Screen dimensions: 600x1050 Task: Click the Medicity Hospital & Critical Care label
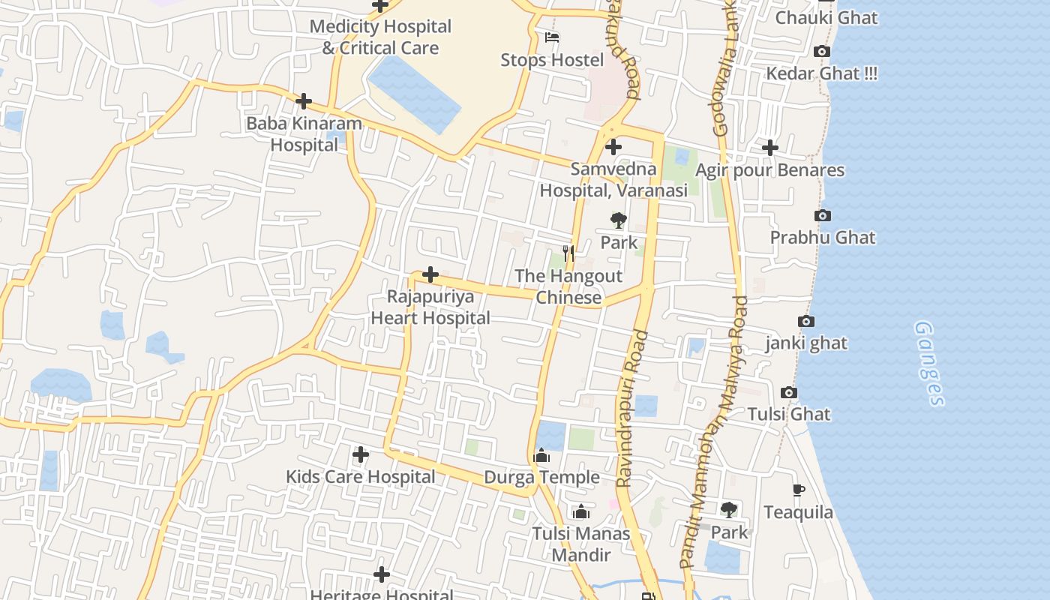(x=380, y=37)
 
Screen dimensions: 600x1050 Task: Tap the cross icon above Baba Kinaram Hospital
(x=304, y=101)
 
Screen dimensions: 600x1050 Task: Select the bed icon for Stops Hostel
(x=552, y=37)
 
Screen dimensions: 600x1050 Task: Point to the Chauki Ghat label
(x=826, y=17)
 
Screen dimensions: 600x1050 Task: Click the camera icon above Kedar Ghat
(x=822, y=52)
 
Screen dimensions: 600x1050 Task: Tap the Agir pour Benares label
(x=769, y=170)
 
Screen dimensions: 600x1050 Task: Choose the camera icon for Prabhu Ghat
(x=822, y=216)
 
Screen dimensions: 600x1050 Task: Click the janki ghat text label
(x=806, y=343)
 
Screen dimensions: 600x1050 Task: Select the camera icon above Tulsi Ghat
(x=788, y=393)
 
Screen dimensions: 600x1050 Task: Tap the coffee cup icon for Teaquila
(x=799, y=490)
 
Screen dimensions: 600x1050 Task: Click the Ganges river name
(x=929, y=364)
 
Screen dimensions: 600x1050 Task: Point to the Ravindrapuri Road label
(x=631, y=409)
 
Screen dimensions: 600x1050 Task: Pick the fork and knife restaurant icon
(x=568, y=253)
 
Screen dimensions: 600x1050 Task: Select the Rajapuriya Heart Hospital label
(x=430, y=307)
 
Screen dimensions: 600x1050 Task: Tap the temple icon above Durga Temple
(x=541, y=455)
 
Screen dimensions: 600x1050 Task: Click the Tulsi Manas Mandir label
(x=581, y=544)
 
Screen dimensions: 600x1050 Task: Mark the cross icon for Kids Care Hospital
(x=361, y=454)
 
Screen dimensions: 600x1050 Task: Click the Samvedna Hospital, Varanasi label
(x=613, y=180)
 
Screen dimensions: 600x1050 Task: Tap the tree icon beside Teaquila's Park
(x=728, y=511)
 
